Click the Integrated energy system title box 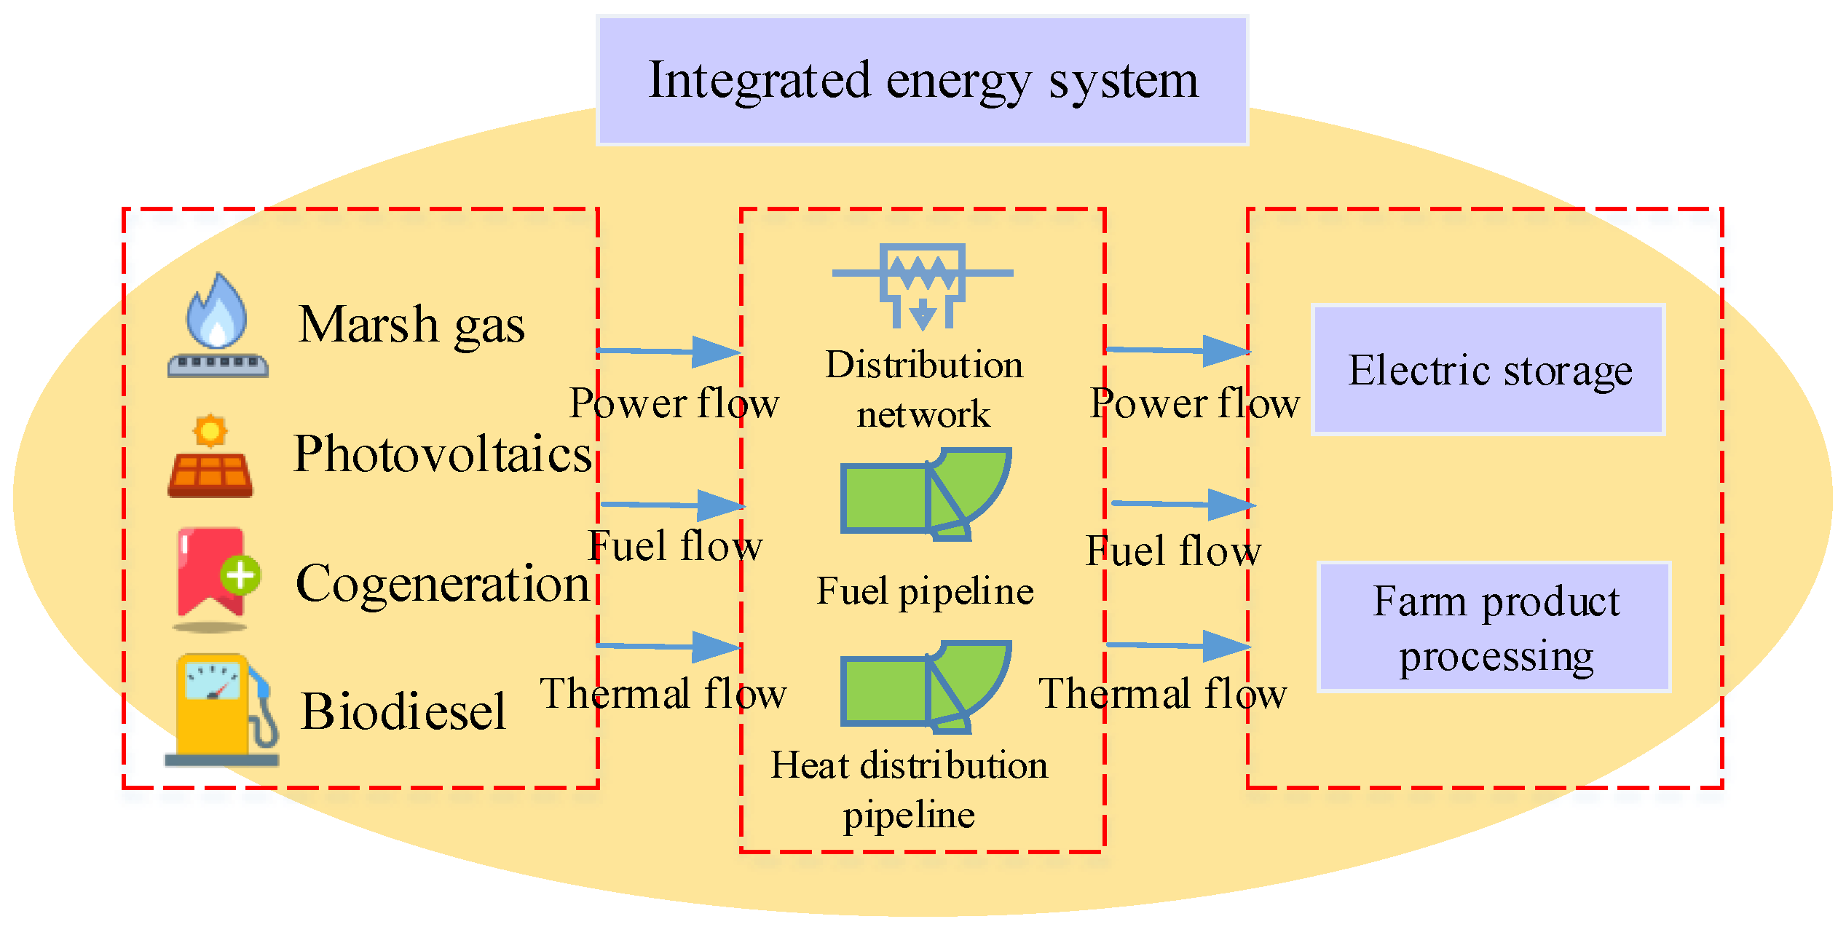[x=922, y=80]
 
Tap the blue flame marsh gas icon [x=218, y=326]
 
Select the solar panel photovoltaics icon [x=210, y=459]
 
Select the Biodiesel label [x=403, y=712]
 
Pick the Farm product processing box [x=1494, y=627]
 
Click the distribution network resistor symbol [x=923, y=284]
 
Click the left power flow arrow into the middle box [x=670, y=352]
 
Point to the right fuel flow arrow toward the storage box [x=1183, y=504]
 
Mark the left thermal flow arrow [x=670, y=646]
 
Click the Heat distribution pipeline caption [x=910, y=789]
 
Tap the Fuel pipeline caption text [x=925, y=591]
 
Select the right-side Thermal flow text [x=1162, y=694]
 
